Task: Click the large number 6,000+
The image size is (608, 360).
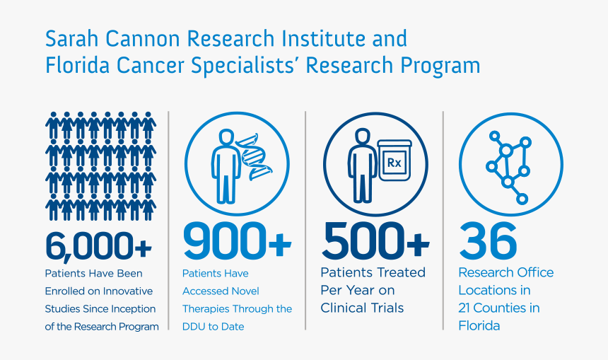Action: [x=99, y=245]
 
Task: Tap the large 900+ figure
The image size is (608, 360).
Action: [x=237, y=240]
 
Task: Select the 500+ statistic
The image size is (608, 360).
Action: [x=375, y=240]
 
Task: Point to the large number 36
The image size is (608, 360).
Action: [x=488, y=240]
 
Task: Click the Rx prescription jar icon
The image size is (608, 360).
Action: [x=394, y=163]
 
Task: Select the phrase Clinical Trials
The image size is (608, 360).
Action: [x=362, y=308]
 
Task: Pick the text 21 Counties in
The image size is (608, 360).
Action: [x=499, y=308]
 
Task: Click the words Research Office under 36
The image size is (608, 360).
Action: [x=506, y=272]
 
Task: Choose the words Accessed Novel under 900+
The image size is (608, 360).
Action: [x=221, y=291]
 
